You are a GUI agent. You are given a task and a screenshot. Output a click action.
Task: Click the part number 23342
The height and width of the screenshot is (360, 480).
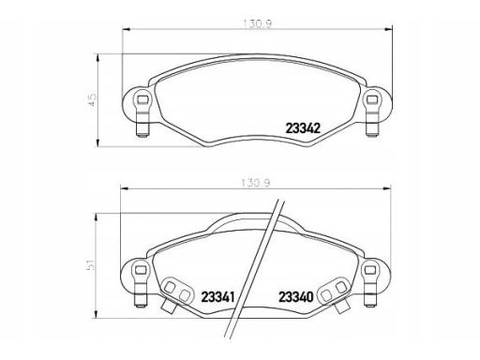303,128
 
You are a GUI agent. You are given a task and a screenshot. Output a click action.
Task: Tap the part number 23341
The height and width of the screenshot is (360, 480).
217,297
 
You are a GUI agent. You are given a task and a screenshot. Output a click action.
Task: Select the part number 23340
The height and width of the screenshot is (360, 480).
295,297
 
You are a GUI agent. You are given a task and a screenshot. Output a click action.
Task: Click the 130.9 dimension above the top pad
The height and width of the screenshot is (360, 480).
258,24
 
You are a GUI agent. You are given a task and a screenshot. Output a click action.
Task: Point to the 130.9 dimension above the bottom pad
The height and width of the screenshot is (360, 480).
255,183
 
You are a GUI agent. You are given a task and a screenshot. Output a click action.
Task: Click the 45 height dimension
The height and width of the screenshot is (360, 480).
93,99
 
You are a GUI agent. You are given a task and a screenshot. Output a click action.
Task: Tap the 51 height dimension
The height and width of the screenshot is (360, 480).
91,264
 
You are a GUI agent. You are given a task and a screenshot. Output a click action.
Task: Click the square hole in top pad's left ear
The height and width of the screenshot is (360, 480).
142,100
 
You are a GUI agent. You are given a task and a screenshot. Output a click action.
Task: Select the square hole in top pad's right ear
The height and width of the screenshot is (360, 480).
372,100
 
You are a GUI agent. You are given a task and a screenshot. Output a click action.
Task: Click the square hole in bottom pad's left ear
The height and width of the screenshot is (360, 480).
141,270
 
